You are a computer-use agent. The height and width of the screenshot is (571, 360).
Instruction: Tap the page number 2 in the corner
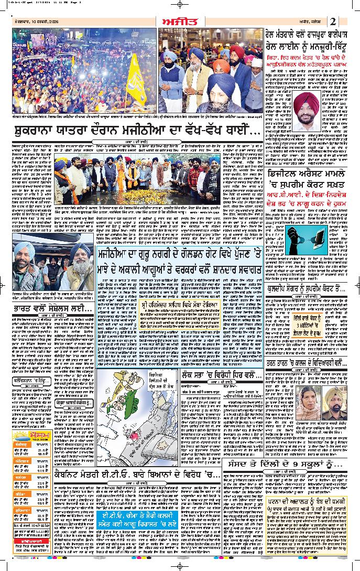click(347, 21)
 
